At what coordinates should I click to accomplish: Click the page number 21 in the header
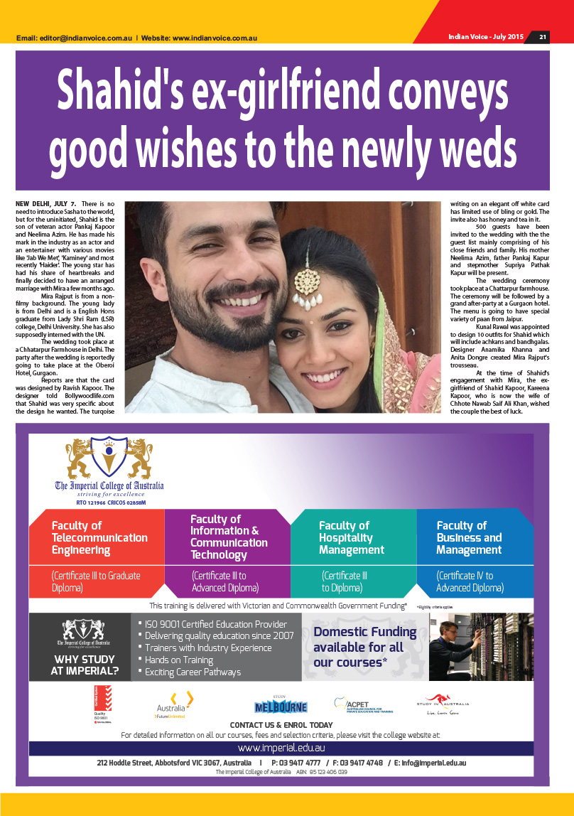pyautogui.click(x=542, y=37)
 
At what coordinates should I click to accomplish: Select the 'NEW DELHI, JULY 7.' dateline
pyautogui.click(x=45, y=205)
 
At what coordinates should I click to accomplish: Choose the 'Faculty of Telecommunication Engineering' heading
pyautogui.click(x=99, y=538)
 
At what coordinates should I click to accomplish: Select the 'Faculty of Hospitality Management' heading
pyautogui.click(x=352, y=538)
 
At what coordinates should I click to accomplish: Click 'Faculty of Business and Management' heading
pyautogui.click(x=469, y=538)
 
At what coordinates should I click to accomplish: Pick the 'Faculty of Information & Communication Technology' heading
pyautogui.click(x=229, y=537)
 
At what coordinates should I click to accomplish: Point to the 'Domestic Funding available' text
pyautogui.click(x=364, y=647)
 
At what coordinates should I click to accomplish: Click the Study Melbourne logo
pyautogui.click(x=281, y=705)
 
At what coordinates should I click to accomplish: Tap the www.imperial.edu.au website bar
pyautogui.click(x=281, y=748)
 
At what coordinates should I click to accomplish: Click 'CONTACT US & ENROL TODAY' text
pyautogui.click(x=281, y=725)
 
